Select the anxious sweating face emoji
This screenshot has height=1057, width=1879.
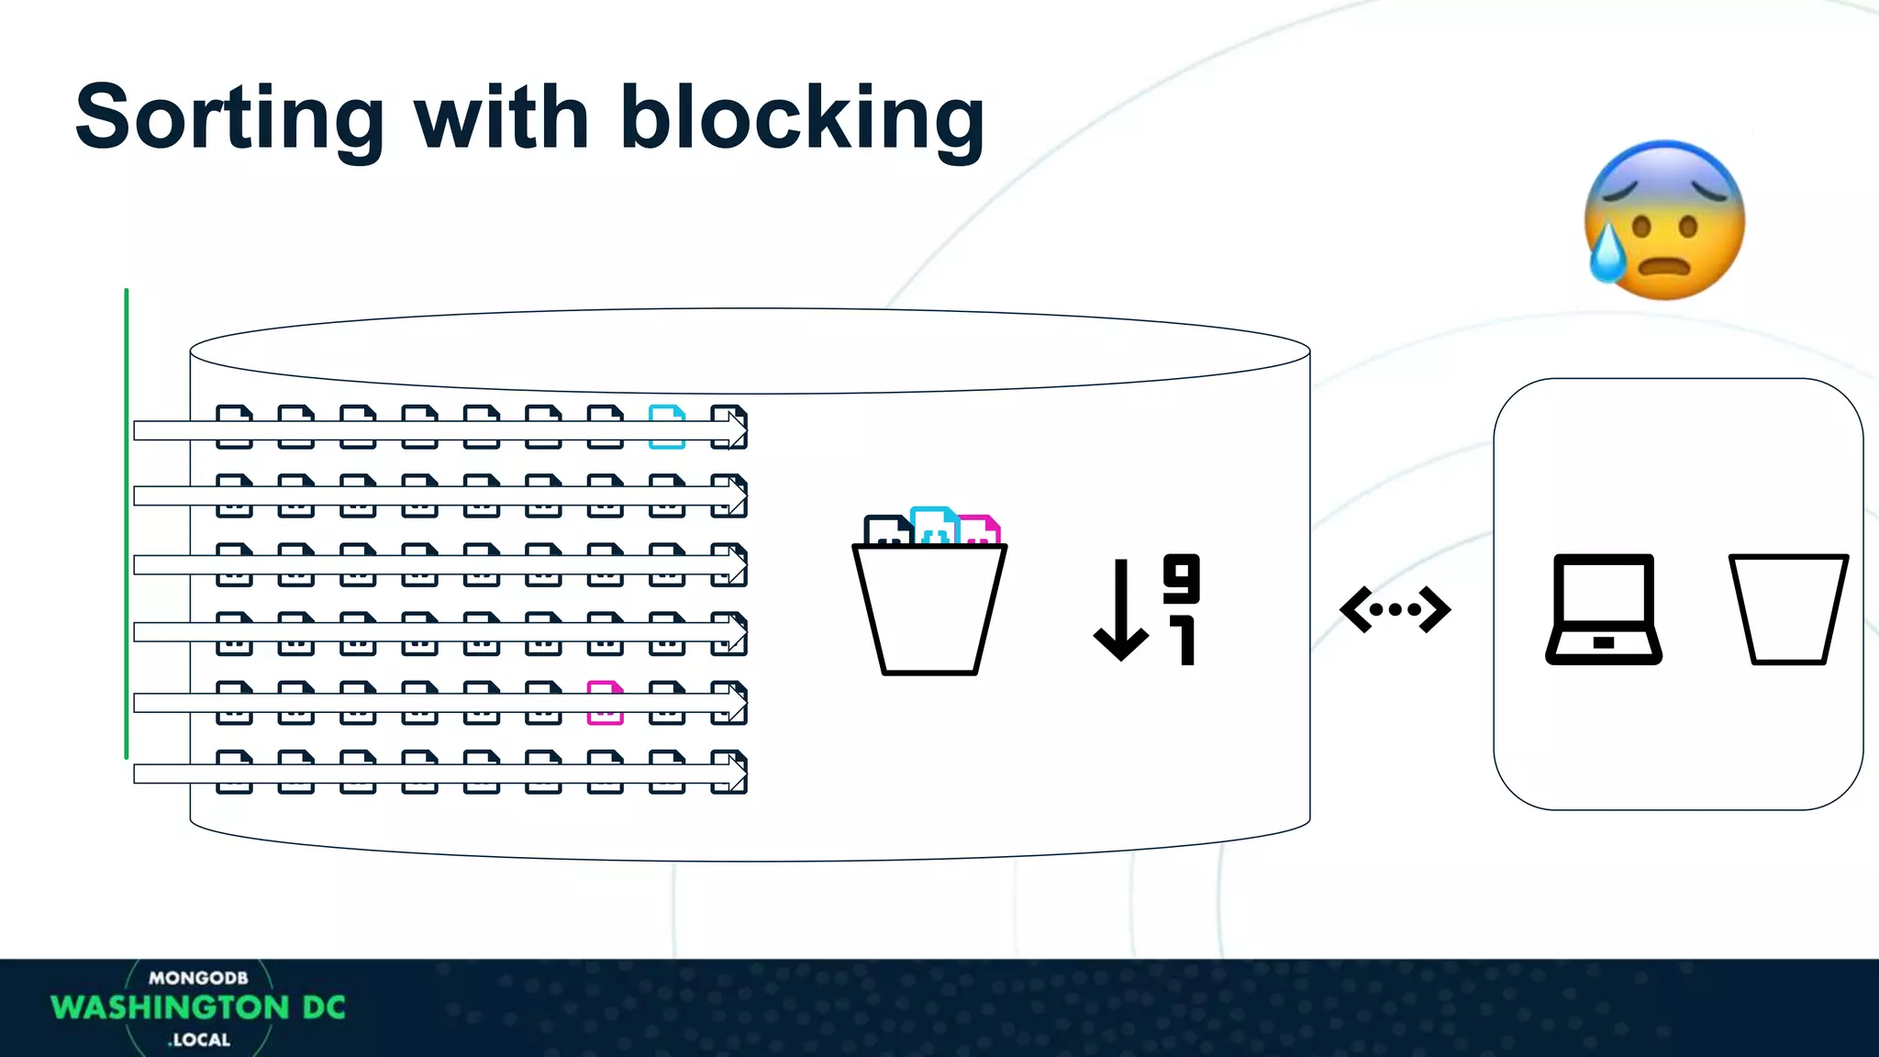tap(1664, 220)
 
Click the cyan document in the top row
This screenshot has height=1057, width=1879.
tap(667, 427)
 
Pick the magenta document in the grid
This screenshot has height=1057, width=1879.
tap(605, 703)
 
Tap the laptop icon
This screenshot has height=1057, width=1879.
tap(1604, 609)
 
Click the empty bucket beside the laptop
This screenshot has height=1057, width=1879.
tap(1788, 609)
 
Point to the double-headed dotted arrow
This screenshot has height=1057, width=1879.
tap(1395, 609)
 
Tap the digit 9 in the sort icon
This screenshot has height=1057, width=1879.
tap(1181, 578)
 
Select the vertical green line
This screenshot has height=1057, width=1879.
tap(127, 523)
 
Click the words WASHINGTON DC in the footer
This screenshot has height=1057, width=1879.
tap(198, 1007)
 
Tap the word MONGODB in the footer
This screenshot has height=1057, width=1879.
tap(198, 978)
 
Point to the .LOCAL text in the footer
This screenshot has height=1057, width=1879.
tap(199, 1040)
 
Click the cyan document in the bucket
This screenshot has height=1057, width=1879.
tap(934, 525)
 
